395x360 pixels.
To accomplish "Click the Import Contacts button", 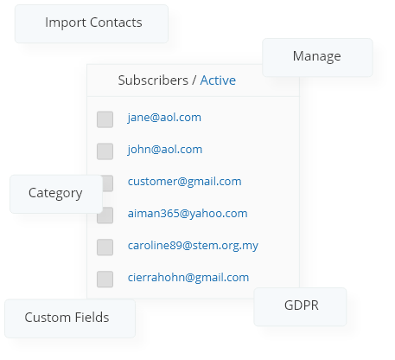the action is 92,24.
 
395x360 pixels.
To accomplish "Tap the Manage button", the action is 317,57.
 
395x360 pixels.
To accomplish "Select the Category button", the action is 56,194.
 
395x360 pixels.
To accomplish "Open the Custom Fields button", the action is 70,318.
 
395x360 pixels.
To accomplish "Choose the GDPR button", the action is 300,306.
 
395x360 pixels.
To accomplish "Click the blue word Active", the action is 218,80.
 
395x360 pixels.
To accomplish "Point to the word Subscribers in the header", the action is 153,80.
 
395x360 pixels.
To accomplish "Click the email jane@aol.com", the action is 164,118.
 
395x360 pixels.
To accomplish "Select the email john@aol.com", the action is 165,150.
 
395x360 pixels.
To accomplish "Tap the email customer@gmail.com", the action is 184,182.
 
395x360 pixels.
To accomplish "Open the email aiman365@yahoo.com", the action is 188,214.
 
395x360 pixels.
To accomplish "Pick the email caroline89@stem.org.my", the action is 193,246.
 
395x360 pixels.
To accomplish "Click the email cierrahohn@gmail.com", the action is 188,278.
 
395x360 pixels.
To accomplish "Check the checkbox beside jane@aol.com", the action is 105,119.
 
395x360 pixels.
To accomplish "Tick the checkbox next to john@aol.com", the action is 105,151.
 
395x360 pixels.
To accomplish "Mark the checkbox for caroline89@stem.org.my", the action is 105,247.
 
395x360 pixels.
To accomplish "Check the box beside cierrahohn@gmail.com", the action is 105,280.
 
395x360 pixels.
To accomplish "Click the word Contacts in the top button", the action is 116,22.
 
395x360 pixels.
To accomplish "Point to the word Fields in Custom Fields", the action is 92,318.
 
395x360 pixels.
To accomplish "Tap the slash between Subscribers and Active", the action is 194,80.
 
